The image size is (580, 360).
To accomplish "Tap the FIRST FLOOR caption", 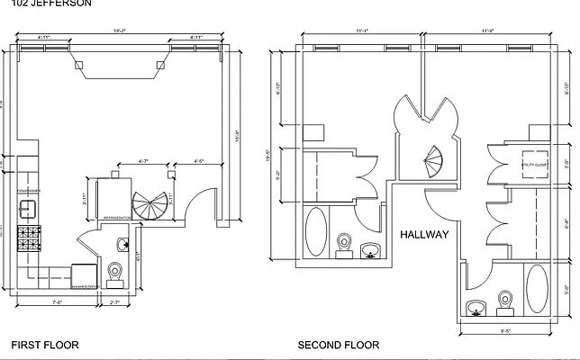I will click(x=44, y=345).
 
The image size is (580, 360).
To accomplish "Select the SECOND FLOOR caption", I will click(x=339, y=345).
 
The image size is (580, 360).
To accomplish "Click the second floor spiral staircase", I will click(x=434, y=162).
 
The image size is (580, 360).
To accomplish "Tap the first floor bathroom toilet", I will click(x=114, y=273).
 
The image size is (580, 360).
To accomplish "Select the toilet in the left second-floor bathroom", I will click(x=343, y=244).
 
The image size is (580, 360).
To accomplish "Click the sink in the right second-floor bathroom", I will click(x=476, y=309).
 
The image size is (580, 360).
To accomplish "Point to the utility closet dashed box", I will click(x=536, y=166).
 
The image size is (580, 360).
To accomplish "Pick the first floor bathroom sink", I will click(x=123, y=245).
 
